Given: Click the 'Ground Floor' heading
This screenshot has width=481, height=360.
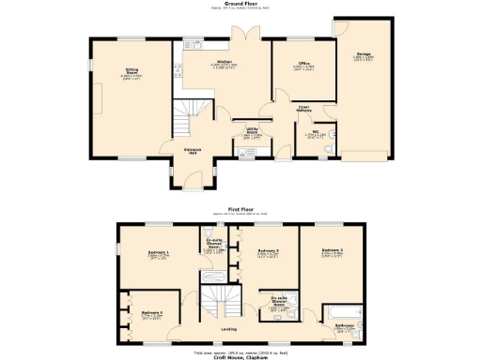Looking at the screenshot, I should [x=240, y=5].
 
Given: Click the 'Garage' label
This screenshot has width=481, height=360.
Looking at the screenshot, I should [x=362, y=57].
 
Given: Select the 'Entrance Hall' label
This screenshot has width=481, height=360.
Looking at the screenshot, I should [x=194, y=151].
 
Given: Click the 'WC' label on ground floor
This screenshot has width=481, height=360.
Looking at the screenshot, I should [x=316, y=133].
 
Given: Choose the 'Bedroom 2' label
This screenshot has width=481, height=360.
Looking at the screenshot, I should [x=271, y=251].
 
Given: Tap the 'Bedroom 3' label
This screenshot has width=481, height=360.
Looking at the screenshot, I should [x=331, y=251].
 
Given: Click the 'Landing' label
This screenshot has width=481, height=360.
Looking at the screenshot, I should [x=229, y=329].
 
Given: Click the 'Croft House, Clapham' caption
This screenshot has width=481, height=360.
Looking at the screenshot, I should [x=240, y=357].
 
